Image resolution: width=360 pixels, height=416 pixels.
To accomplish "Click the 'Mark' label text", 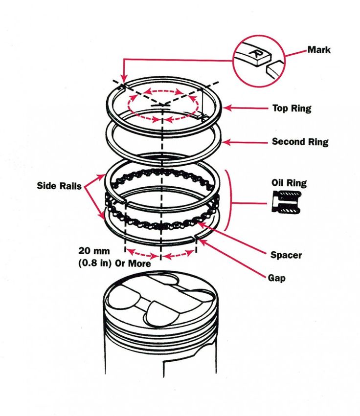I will pos(318,50).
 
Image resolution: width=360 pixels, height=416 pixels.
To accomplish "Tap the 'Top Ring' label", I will pos(292,108).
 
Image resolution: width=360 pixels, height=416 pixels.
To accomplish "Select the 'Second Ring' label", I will pos(300,142).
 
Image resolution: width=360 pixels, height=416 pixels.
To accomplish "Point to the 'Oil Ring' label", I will pos(289,183).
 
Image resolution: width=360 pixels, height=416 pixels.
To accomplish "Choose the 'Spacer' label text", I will pos(286,255).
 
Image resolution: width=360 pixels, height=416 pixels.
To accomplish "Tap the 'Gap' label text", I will pos(276,278).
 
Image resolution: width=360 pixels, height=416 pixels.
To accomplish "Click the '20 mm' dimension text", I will pos(94,251).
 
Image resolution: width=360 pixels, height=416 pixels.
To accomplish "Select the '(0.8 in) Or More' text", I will pos(114,263).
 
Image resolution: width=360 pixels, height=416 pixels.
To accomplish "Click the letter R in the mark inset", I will pos(255,52).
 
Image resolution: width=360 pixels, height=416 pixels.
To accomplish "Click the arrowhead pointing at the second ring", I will pos(225,142).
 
